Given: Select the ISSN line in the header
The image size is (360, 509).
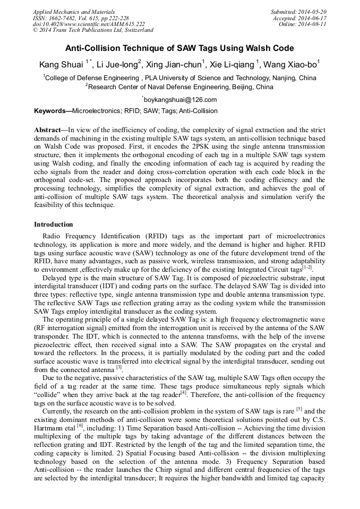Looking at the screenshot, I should coord(76,18).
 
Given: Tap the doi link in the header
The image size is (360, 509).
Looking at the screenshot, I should coord(89,24).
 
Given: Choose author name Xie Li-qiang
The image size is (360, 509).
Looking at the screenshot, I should coord(232,65).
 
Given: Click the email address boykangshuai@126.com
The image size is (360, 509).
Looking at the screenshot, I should coord(180,99).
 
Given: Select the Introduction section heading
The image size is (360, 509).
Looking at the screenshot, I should coord(54,225).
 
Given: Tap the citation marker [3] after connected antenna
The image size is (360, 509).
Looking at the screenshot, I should coord(119,367).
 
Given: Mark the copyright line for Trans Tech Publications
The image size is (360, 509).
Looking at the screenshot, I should coord(93,31).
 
